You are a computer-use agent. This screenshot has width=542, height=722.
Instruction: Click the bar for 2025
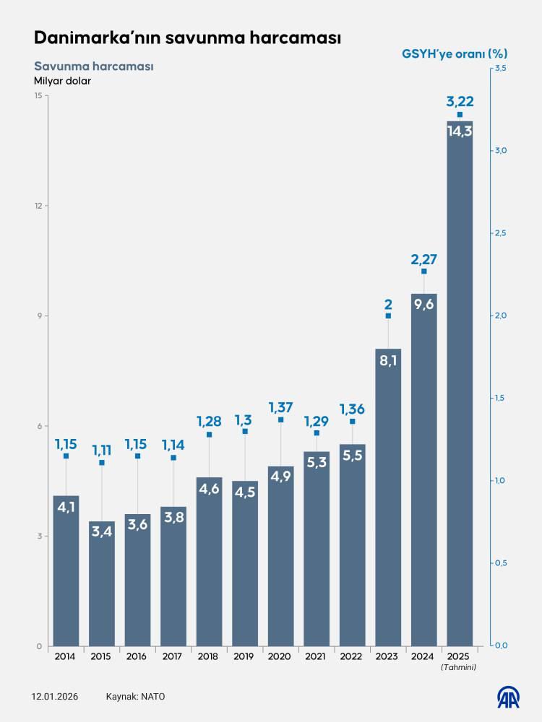(460, 383)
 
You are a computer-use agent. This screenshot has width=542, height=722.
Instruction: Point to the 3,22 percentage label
(460, 100)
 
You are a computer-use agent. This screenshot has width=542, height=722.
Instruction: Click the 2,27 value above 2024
(424, 258)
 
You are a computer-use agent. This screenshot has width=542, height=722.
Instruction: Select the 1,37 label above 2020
(280, 407)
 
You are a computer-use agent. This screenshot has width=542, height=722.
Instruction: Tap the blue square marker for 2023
(388, 316)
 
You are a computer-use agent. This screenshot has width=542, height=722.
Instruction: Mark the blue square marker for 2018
(209, 435)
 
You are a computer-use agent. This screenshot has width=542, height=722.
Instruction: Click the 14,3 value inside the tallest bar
(460, 131)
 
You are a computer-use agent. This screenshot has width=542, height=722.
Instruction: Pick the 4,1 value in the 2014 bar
(66, 507)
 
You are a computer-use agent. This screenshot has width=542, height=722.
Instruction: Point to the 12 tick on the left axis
(38, 206)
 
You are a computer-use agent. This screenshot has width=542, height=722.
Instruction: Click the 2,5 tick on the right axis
(499, 233)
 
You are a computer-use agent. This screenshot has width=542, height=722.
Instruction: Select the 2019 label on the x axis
(244, 656)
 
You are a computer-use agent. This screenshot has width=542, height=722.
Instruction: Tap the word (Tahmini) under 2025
(459, 667)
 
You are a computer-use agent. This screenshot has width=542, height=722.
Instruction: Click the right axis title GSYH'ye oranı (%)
(455, 53)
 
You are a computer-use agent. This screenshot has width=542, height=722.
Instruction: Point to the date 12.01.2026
(55, 697)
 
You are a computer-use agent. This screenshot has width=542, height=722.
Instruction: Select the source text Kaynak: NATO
(136, 697)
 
